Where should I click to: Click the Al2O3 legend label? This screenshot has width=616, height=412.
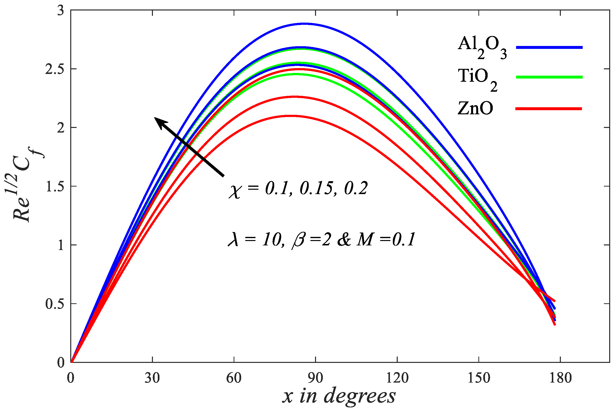coord(482,47)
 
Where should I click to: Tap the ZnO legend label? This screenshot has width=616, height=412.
coord(475,108)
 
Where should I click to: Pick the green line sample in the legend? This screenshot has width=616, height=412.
coord(549,77)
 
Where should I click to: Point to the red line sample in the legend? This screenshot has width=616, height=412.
coord(549,108)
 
